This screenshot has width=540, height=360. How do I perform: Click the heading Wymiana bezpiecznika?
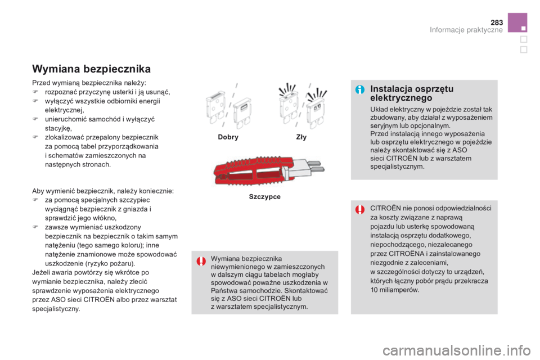pyautogui.click(x=91, y=70)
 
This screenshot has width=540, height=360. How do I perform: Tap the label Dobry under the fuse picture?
pyautogui.click(x=228, y=137)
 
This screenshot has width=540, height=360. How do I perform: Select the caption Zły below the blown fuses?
pyautogui.click(x=301, y=137)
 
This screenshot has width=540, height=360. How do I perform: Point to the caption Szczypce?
pyautogui.click(x=264, y=197)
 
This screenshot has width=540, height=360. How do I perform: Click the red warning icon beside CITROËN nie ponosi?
pyautogui.click(x=360, y=210)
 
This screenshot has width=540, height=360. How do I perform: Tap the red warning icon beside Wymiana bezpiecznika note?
pyautogui.click(x=201, y=261)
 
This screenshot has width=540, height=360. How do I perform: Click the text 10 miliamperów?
pyautogui.click(x=395, y=290)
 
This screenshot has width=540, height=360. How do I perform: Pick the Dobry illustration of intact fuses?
pyautogui.click(x=228, y=105)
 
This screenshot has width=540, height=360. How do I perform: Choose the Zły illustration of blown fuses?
pyautogui.click(x=301, y=105)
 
